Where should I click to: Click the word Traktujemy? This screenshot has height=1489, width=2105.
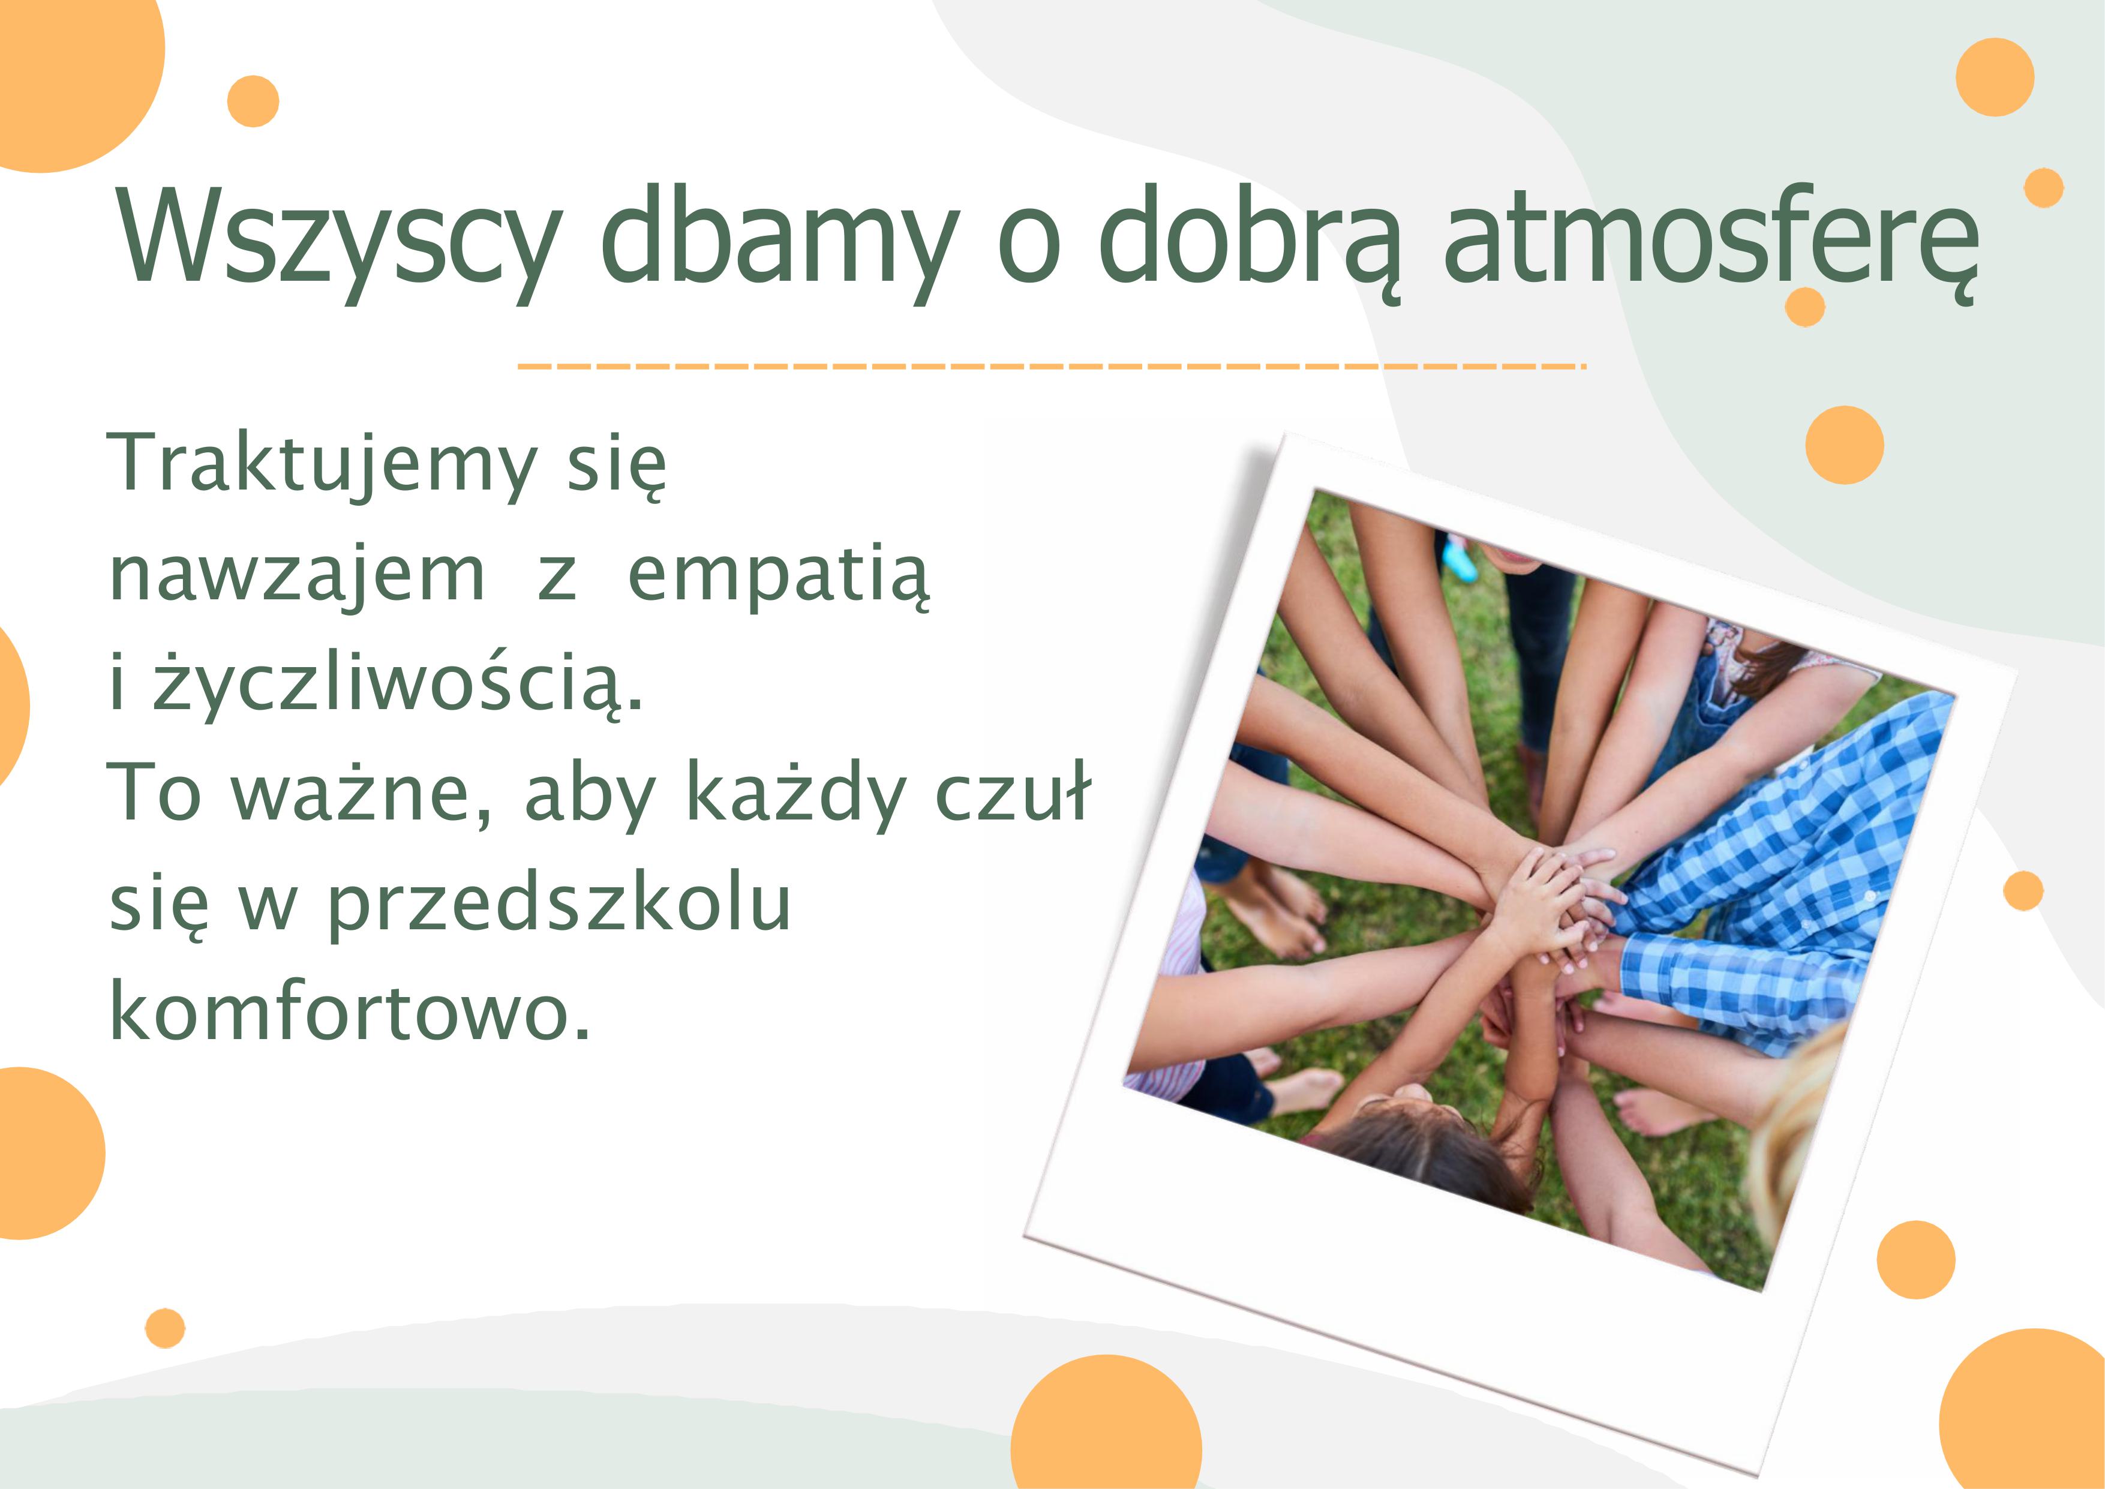click(x=323, y=466)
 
